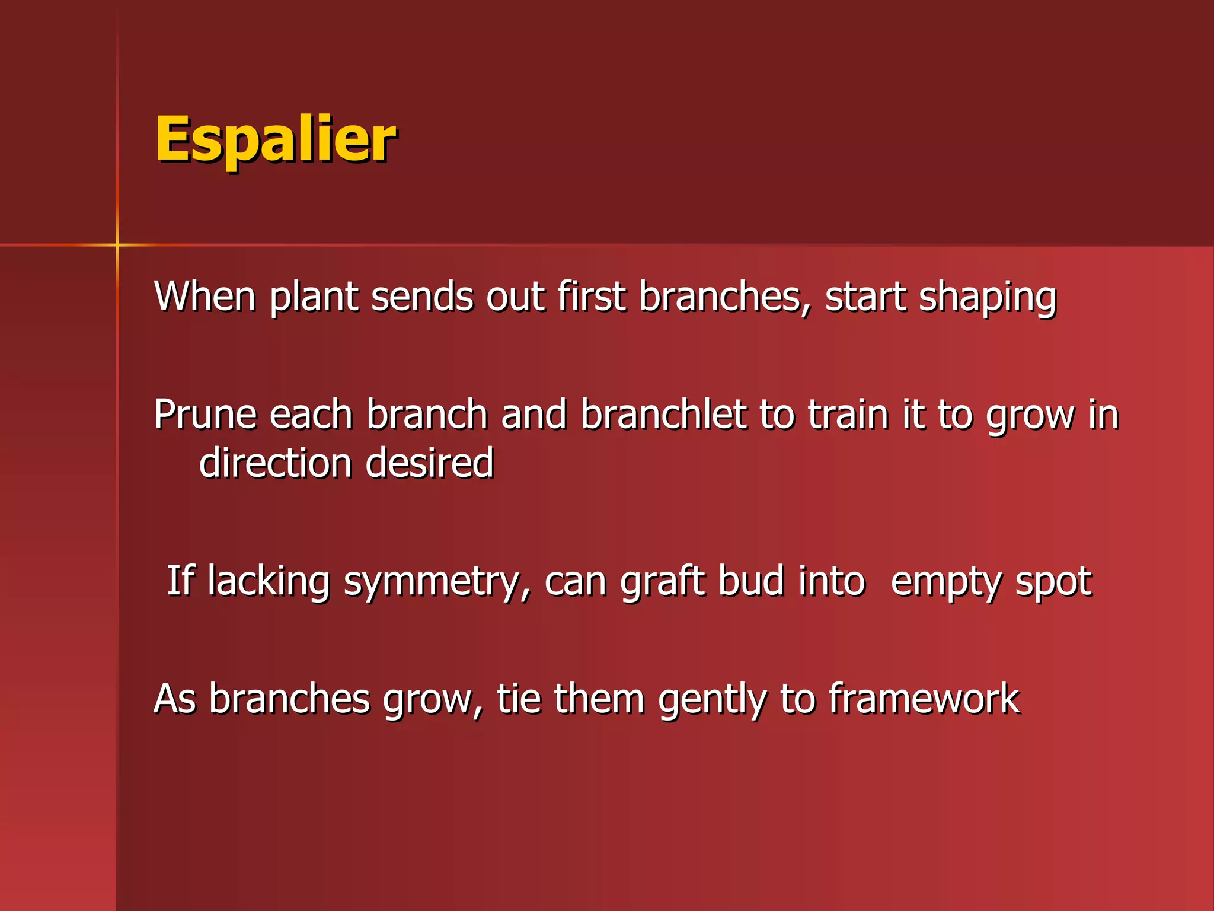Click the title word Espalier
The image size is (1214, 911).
point(276,141)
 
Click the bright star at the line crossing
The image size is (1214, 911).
point(117,244)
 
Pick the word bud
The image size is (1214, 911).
point(750,581)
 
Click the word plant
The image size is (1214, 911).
point(314,297)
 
